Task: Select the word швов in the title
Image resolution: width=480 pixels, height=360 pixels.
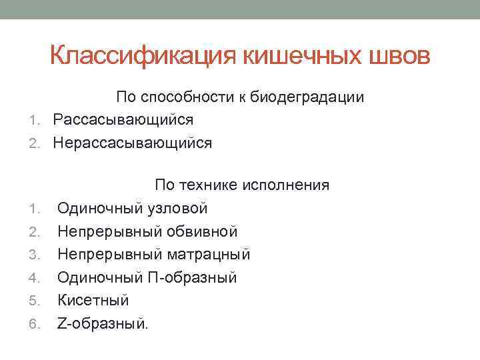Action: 403,56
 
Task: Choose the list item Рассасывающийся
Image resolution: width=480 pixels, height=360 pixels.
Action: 123,120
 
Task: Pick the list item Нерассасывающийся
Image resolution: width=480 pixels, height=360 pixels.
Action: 133,143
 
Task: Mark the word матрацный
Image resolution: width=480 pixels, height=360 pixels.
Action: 211,254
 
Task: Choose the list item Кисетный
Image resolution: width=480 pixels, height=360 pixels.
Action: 93,300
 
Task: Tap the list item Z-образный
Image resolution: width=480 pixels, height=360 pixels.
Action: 103,323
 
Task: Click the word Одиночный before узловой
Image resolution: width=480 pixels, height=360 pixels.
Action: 97,208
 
